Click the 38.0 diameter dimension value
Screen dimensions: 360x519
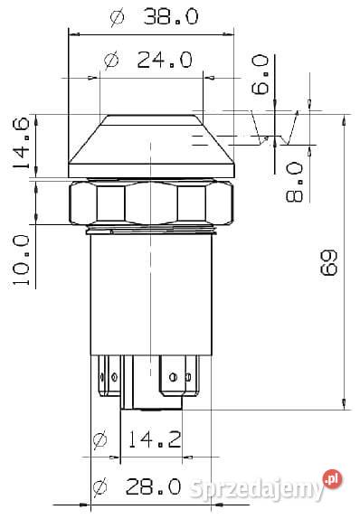171,17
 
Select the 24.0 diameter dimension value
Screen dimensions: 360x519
165,60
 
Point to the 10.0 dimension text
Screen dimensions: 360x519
21,260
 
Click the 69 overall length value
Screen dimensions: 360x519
329,262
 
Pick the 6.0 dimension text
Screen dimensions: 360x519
260,75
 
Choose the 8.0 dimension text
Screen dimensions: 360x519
294,182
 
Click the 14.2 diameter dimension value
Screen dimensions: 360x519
155,439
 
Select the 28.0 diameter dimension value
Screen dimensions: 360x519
154,486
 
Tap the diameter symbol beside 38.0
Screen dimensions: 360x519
118,18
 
